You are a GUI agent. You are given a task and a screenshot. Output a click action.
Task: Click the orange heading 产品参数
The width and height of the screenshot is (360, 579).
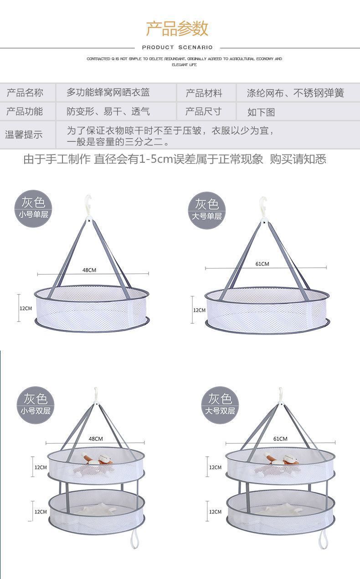tap(177, 28)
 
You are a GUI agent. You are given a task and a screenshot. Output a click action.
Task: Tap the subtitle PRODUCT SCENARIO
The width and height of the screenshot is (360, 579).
tap(177, 47)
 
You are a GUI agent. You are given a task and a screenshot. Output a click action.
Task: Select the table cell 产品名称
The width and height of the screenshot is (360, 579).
tap(25, 93)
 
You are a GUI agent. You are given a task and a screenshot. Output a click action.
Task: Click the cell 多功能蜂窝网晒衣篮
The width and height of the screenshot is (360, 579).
tap(108, 93)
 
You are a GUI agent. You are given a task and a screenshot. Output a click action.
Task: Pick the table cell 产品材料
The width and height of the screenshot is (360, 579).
tap(204, 93)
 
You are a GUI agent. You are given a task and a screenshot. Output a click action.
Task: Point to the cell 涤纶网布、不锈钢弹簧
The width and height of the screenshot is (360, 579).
tap(295, 93)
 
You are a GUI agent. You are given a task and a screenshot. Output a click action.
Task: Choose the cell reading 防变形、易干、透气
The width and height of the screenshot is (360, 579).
tap(108, 112)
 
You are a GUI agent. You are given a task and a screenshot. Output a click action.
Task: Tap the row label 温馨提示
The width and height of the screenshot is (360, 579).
tap(24, 134)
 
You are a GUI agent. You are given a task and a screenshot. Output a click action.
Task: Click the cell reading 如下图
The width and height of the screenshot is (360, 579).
tap(261, 112)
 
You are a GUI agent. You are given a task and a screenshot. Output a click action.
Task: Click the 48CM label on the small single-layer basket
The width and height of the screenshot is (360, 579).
tap(89, 270)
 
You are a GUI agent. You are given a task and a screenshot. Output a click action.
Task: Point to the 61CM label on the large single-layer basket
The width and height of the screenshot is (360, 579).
tap(262, 264)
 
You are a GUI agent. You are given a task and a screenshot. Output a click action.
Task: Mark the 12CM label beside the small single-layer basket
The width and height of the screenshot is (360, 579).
tap(26, 308)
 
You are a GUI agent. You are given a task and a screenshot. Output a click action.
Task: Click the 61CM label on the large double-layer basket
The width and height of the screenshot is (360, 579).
tap(280, 439)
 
